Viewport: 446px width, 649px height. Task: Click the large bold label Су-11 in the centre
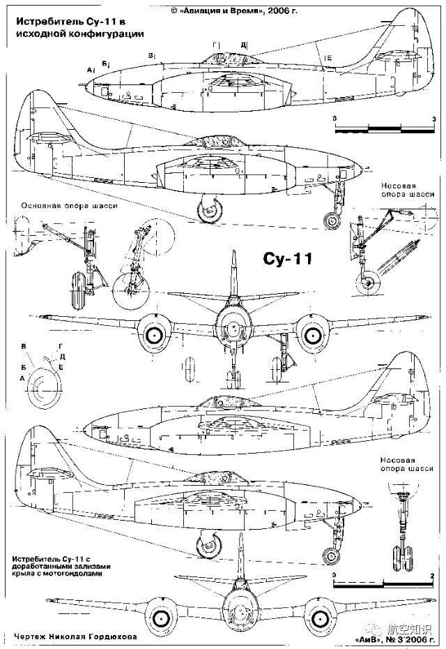coord(288,259)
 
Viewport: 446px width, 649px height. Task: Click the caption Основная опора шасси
coord(68,206)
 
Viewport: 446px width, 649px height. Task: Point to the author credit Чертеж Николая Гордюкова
coord(69,637)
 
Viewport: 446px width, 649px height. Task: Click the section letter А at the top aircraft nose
coord(90,70)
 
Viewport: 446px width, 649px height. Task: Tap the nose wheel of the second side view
coord(333,223)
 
